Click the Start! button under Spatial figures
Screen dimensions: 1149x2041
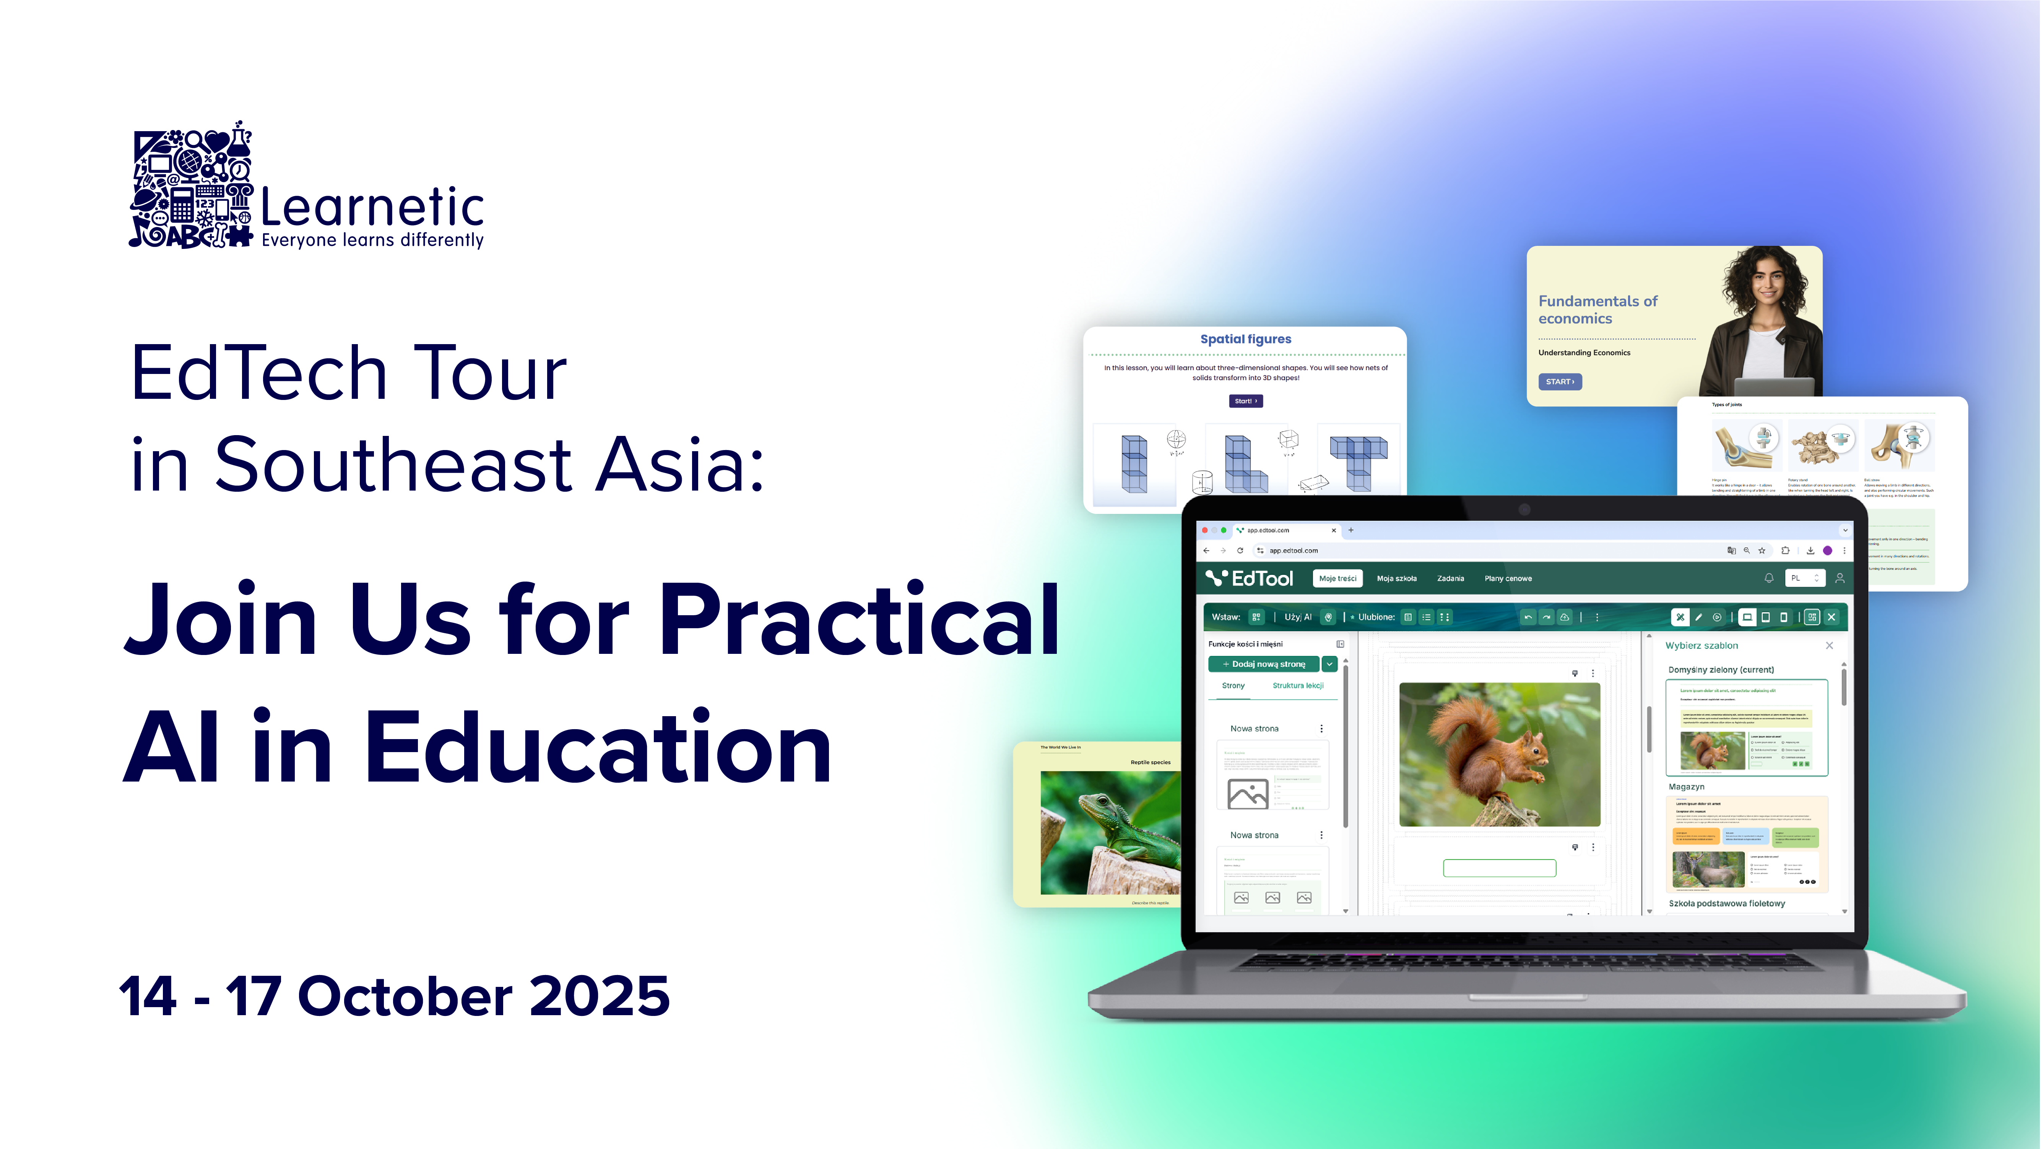(x=1246, y=401)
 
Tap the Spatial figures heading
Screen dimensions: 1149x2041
(x=1246, y=339)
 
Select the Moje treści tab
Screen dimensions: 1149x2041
(x=1337, y=579)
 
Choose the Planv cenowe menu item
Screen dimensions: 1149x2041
(x=1508, y=579)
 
